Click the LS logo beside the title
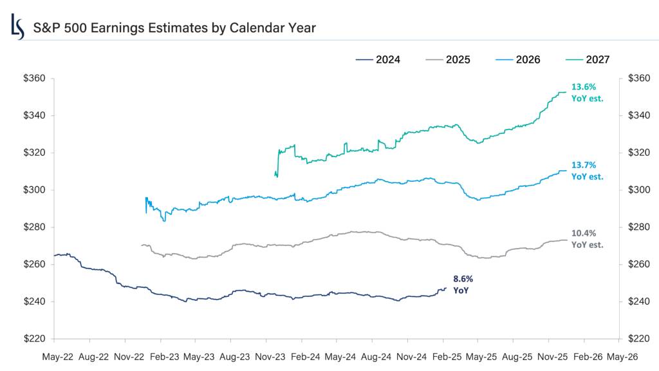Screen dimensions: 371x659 click(x=18, y=27)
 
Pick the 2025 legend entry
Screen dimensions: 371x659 click(x=448, y=60)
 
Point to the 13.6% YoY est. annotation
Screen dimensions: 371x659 click(x=587, y=92)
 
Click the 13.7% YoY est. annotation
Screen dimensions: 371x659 click(x=587, y=170)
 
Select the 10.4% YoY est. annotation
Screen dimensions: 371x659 click(x=587, y=238)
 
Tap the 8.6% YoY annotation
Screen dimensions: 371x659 click(x=461, y=285)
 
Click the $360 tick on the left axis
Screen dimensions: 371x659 click(x=33, y=79)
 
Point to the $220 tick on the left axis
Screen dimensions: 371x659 click(x=33, y=339)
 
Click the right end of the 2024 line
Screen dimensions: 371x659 click(x=446, y=288)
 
